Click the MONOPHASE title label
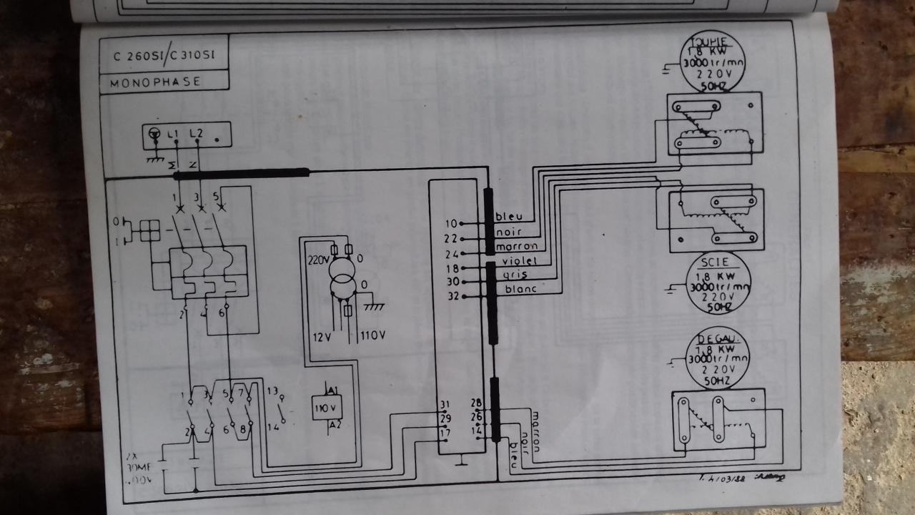[x=156, y=82]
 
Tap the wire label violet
[x=520, y=262]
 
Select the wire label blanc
[x=520, y=290]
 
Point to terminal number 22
[x=450, y=238]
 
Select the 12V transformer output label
[x=318, y=335]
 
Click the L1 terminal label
[x=173, y=134]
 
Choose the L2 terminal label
[x=197, y=134]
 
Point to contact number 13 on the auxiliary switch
[x=272, y=391]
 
